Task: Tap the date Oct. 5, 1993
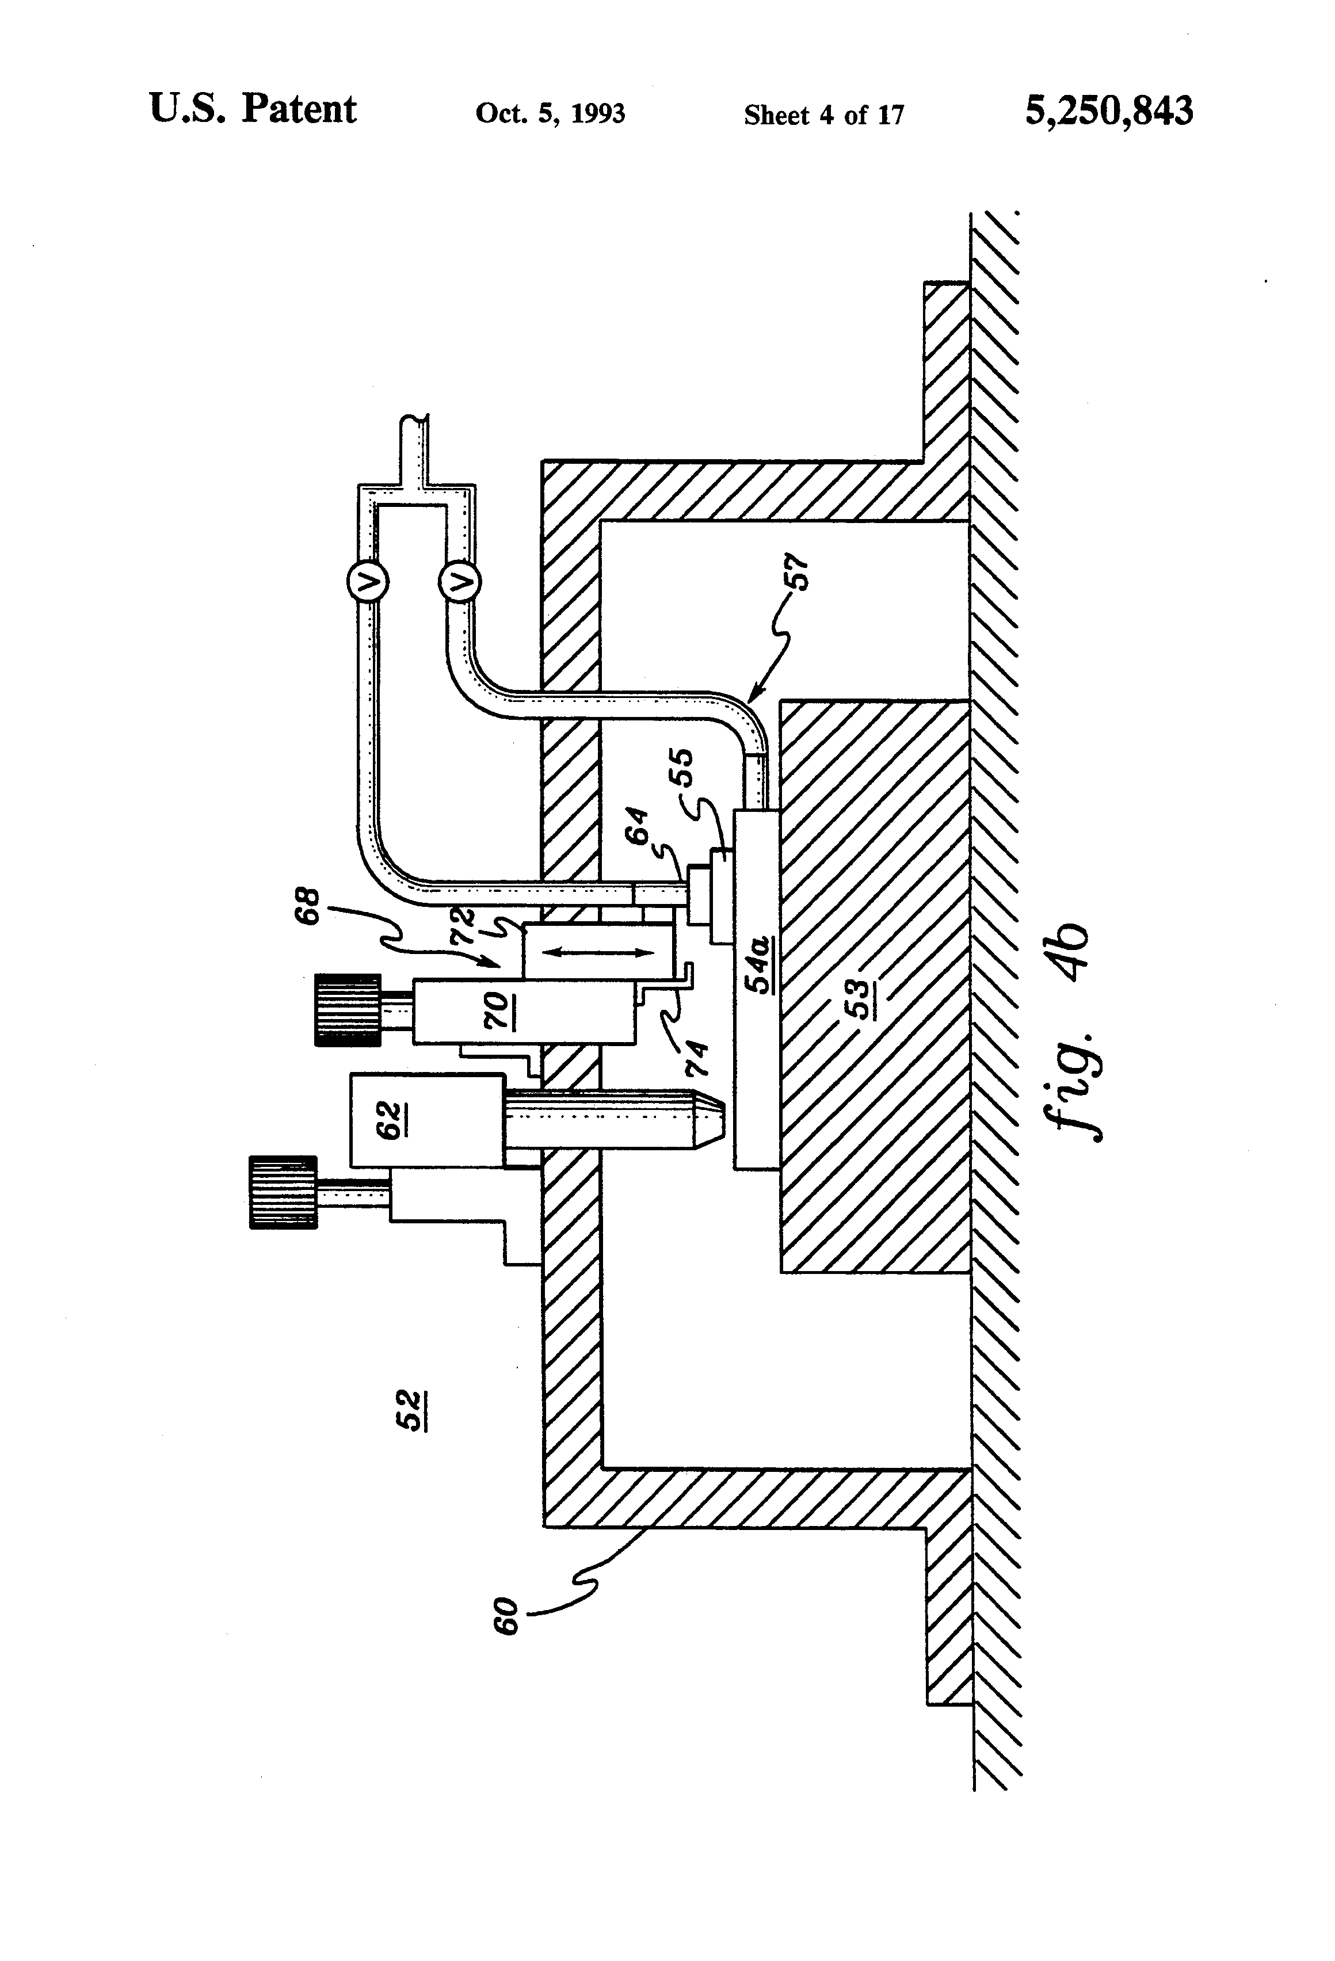click(550, 114)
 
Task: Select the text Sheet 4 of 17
click(823, 115)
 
